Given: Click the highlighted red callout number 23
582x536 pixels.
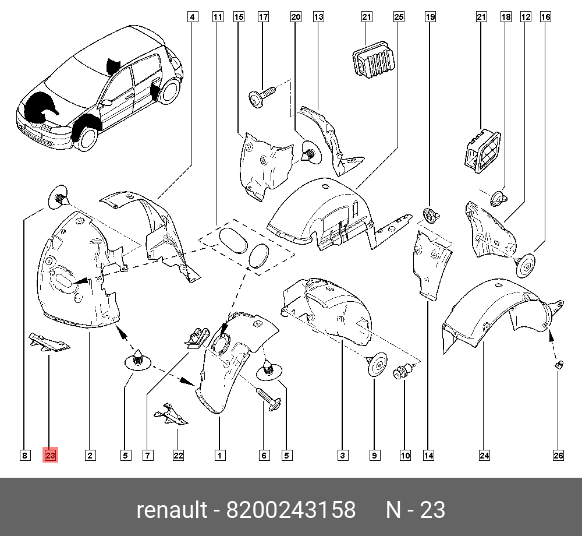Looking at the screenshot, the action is (x=49, y=456).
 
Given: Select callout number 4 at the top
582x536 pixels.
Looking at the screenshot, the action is (x=191, y=17).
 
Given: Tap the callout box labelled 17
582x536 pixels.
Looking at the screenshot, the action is (x=263, y=17).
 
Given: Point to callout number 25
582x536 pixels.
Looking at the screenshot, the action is (x=398, y=17).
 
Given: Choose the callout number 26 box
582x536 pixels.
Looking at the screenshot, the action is (x=558, y=456).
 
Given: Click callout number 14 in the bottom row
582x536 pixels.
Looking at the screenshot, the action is (x=429, y=456).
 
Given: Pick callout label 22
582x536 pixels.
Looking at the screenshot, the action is (x=178, y=456).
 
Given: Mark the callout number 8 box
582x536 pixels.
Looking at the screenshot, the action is (x=24, y=456).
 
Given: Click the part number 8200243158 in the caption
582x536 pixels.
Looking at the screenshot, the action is (x=291, y=510).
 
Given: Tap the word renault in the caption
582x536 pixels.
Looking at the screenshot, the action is (x=172, y=510).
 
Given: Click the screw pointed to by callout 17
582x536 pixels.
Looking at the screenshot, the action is (x=261, y=96).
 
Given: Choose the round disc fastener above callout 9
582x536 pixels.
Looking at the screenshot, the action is (x=377, y=365).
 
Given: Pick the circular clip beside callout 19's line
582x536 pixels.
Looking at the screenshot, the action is (x=430, y=215).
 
